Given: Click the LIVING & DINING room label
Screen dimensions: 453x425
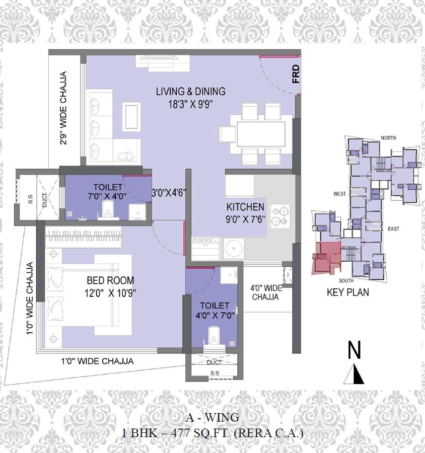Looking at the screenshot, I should (x=190, y=92).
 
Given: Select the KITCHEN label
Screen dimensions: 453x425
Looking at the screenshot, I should (x=245, y=207).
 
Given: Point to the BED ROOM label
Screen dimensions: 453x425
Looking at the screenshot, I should (x=110, y=280).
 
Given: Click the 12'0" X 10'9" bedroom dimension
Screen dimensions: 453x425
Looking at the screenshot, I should (x=110, y=291).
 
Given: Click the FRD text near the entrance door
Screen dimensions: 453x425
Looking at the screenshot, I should (x=296, y=74).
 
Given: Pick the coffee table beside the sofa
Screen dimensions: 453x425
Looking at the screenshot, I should (x=132, y=116).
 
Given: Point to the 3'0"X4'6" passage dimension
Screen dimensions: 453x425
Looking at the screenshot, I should (x=170, y=192).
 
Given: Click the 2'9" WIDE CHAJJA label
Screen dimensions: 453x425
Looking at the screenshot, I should (x=63, y=108).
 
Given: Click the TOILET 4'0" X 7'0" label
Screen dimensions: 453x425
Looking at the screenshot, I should (x=215, y=311).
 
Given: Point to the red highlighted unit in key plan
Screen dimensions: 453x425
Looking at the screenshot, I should (x=325, y=257).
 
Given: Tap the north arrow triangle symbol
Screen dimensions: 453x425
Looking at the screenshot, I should (x=355, y=374).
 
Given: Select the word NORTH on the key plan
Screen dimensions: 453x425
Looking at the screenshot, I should (x=389, y=138).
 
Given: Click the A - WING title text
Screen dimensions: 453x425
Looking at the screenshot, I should (x=211, y=417).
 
